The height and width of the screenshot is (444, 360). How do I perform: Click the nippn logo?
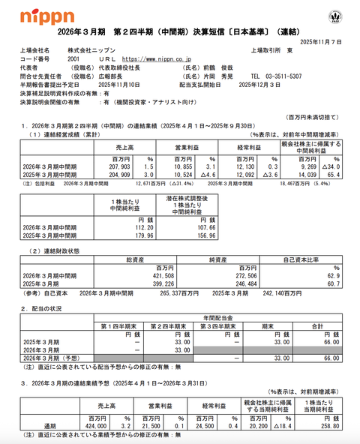tap(46, 16)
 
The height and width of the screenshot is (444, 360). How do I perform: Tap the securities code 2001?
tap(73, 58)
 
